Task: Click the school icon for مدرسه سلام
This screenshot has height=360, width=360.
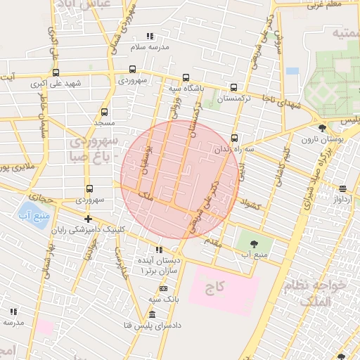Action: [x=150, y=36]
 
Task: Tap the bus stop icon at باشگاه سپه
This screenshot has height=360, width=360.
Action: [x=186, y=78]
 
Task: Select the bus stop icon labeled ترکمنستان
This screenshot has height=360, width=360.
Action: [x=233, y=88]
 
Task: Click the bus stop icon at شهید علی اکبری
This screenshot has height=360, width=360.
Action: [x=56, y=72]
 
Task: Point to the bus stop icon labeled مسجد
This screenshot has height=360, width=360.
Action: [x=105, y=112]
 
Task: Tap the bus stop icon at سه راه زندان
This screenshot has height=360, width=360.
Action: [x=234, y=138]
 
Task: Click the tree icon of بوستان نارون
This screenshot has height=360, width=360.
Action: [x=322, y=128]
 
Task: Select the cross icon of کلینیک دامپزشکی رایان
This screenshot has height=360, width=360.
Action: [x=88, y=219]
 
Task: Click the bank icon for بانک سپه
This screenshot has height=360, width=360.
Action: [x=164, y=288]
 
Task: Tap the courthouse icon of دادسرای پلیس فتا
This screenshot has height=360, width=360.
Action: [x=153, y=314]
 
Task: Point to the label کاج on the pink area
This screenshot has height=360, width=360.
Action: [x=214, y=288]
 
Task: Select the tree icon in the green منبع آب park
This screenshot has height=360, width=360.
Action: [x=253, y=243]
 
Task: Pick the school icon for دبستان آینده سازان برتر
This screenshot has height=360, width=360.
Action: [x=159, y=250]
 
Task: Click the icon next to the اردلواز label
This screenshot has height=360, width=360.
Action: [x=342, y=188]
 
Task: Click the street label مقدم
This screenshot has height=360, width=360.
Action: [x=210, y=241]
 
